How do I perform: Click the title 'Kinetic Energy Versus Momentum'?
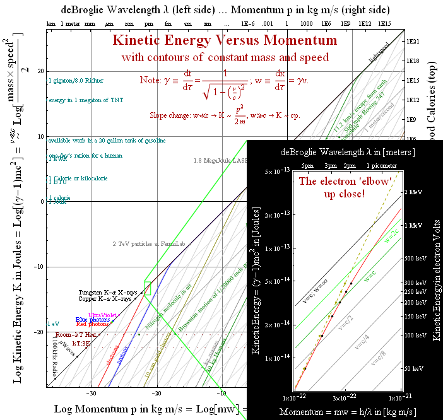(x=225, y=41)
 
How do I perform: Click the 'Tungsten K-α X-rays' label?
(x=107, y=293)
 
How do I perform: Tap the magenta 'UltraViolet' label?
(x=102, y=315)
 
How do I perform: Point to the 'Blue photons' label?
(x=92, y=320)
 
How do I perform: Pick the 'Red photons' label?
(x=92, y=325)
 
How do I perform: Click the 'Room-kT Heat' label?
(x=75, y=335)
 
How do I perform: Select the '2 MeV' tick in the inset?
(x=412, y=192)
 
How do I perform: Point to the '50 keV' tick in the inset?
(x=412, y=368)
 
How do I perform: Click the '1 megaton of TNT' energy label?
(x=85, y=100)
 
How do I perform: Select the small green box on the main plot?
(x=148, y=288)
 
